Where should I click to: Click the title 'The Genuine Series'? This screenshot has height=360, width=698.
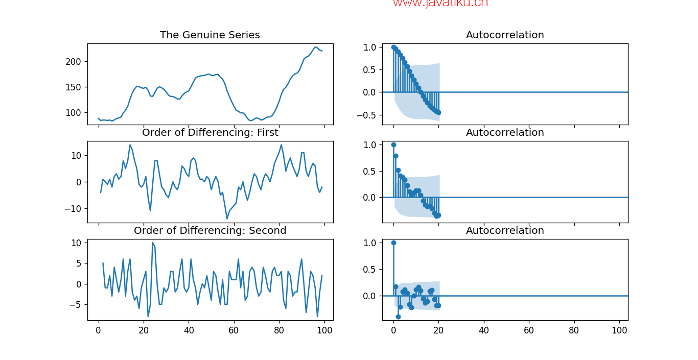210,35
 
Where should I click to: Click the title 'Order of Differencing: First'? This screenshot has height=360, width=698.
210,133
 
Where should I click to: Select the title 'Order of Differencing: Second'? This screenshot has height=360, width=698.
210,231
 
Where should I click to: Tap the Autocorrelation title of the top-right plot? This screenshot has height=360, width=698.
505,35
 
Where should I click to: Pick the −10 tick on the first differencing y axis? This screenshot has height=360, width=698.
74,208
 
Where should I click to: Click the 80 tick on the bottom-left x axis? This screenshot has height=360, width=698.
279,330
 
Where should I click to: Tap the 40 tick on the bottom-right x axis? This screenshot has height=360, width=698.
483,330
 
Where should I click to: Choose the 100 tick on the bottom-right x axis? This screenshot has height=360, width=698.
619,330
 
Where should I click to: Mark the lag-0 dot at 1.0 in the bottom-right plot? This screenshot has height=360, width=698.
393,243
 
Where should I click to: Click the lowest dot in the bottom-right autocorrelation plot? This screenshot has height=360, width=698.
398,317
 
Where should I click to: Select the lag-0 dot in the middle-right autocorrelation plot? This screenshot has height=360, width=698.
393,145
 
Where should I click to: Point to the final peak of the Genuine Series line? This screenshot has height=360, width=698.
315,47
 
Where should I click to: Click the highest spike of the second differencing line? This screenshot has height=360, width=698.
152,243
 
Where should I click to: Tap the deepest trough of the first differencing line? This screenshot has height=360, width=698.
227,219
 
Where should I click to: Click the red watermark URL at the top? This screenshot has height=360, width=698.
440,4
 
